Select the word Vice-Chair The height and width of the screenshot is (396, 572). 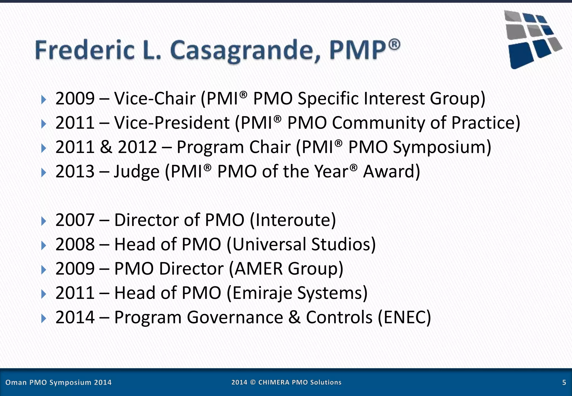coord(155,99)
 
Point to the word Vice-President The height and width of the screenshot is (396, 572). coord(172,123)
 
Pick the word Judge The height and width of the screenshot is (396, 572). coord(137,171)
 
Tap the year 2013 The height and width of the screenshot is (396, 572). coord(75,171)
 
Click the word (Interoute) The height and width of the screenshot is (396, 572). coord(292,220)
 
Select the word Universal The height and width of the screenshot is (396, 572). coord(269,244)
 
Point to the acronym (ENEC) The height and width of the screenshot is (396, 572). coord(404,317)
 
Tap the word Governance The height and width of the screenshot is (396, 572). coord(235,317)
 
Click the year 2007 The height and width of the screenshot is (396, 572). coord(75,220)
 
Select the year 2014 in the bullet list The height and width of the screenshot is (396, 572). coord(75,317)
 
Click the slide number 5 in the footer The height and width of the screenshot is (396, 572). coord(564,382)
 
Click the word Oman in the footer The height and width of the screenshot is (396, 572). coord(16,382)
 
